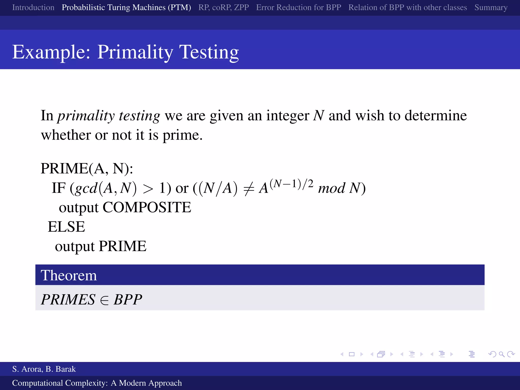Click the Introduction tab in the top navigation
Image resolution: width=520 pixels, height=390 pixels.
pyautogui.click(x=33, y=8)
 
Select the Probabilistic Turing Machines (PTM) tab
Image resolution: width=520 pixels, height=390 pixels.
pyautogui.click(x=126, y=8)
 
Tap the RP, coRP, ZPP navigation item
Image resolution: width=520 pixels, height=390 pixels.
pyautogui.click(x=223, y=8)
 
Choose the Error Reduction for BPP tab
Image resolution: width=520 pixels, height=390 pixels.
pyautogui.click(x=299, y=8)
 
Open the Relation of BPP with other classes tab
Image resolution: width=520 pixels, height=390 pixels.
pyautogui.click(x=408, y=8)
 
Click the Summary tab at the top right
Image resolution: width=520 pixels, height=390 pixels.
pyautogui.click(x=491, y=8)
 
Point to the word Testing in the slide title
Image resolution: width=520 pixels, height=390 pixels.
pyautogui.click(x=209, y=52)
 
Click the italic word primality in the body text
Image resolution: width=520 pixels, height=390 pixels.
pyautogui.click(x=86, y=116)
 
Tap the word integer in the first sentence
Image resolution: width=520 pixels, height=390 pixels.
pyautogui.click(x=287, y=116)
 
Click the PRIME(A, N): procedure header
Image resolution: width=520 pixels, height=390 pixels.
pyautogui.click(x=87, y=169)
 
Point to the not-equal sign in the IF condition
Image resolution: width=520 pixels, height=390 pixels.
pyautogui.click(x=249, y=189)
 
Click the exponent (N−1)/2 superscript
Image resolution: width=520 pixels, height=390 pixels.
pyautogui.click(x=291, y=183)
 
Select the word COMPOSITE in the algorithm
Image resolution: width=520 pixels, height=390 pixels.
pyautogui.click(x=147, y=207)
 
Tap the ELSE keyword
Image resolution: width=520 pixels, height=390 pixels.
pyautogui.click(x=67, y=227)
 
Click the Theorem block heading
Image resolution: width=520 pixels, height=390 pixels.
pyautogui.click(x=69, y=275)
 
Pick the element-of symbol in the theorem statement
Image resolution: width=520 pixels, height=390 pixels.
pyautogui.click(x=104, y=300)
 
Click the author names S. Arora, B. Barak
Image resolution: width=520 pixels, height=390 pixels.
pyautogui.click(x=44, y=369)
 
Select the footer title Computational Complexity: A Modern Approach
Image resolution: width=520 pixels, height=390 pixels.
pyautogui.click(x=97, y=383)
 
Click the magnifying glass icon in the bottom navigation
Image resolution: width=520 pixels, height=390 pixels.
pyautogui.click(x=501, y=354)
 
